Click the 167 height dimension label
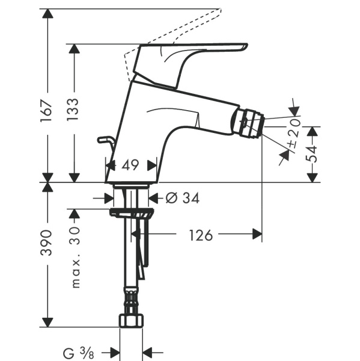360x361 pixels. [46, 111]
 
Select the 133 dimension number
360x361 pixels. [73, 109]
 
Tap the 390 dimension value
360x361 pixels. [46, 242]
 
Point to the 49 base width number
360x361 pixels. [130, 165]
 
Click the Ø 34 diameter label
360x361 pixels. [183, 198]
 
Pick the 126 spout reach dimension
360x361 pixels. [201, 235]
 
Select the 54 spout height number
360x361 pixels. [311, 154]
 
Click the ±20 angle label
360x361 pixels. [294, 133]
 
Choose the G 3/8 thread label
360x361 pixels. [78, 353]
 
